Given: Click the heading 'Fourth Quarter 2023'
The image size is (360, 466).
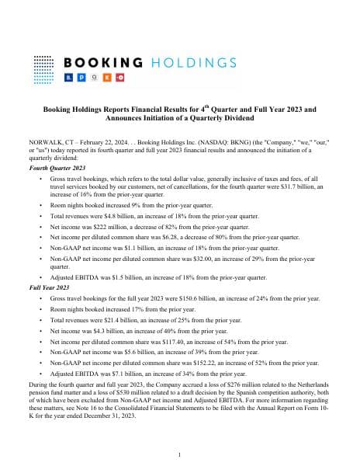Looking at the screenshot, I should coord(57,167).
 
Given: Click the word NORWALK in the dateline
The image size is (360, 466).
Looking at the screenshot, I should coord(46,144).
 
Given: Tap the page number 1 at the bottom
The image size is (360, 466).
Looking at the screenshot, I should coord(180,454).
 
